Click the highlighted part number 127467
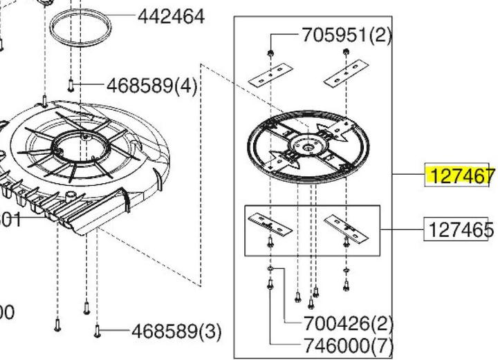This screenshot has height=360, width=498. pyautogui.click(x=461, y=176)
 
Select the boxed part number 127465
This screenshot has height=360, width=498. pyautogui.click(x=459, y=229)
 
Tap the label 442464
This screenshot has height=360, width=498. pyautogui.click(x=171, y=16)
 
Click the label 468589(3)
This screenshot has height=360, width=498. pyautogui.click(x=176, y=332)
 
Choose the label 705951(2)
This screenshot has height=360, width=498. pyautogui.click(x=347, y=35)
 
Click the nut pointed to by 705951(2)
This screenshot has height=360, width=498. pyautogui.click(x=270, y=53)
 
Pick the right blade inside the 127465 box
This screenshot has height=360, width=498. pyautogui.click(x=345, y=224)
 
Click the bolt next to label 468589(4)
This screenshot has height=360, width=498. pyautogui.click(x=71, y=85)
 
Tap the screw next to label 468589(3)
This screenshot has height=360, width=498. pyautogui.click(x=98, y=332)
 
